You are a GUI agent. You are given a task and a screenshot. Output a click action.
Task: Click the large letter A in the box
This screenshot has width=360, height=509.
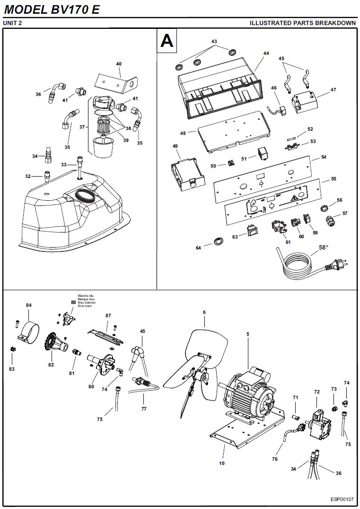[167, 41]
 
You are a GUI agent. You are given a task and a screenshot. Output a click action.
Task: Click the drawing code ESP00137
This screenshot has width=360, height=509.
[342, 499]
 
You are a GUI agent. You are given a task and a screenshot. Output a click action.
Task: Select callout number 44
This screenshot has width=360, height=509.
[266, 54]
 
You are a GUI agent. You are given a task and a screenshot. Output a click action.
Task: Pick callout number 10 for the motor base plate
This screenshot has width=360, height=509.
[222, 463]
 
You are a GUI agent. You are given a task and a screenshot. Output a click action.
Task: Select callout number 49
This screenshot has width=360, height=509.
[175, 147]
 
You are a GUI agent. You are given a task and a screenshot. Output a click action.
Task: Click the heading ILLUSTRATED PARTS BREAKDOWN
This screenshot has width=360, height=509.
[302, 23]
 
